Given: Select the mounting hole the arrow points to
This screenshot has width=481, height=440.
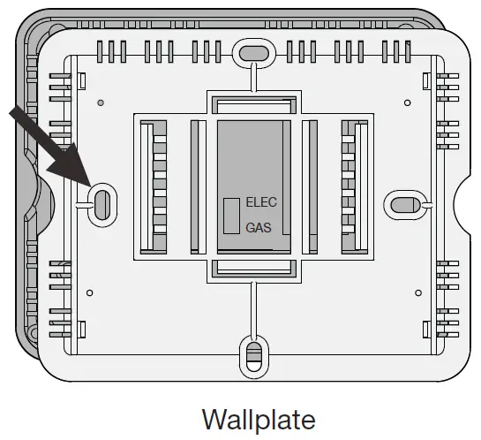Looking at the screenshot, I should pos(101,202).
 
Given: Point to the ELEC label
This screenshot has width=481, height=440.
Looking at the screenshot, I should pos(261,202).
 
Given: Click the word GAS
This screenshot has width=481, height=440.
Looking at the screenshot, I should pos(259,227).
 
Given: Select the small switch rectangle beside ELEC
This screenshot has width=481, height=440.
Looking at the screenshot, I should pos(230,215).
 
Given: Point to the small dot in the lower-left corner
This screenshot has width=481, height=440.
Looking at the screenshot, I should pos(92,291).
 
